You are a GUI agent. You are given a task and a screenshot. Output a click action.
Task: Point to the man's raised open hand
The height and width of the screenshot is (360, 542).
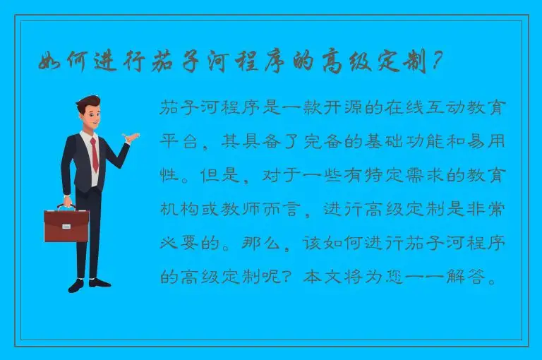[130, 137]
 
